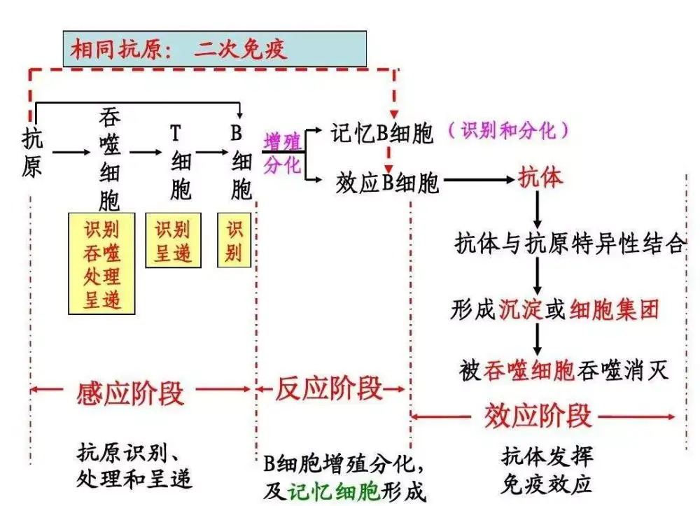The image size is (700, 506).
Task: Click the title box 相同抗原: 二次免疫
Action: (x=214, y=49)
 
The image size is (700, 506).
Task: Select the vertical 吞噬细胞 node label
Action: (x=110, y=160)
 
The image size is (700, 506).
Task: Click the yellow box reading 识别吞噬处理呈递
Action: (x=101, y=264)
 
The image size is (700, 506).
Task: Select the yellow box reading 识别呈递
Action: (x=172, y=240)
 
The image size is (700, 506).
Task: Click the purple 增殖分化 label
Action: (x=282, y=153)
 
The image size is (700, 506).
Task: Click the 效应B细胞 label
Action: (x=387, y=183)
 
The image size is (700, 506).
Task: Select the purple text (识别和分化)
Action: (x=507, y=129)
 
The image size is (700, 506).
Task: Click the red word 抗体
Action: (x=540, y=178)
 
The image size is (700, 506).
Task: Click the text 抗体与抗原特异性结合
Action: (x=568, y=244)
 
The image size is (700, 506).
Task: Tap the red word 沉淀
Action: (x=521, y=309)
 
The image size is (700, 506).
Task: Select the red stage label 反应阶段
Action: (x=329, y=388)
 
